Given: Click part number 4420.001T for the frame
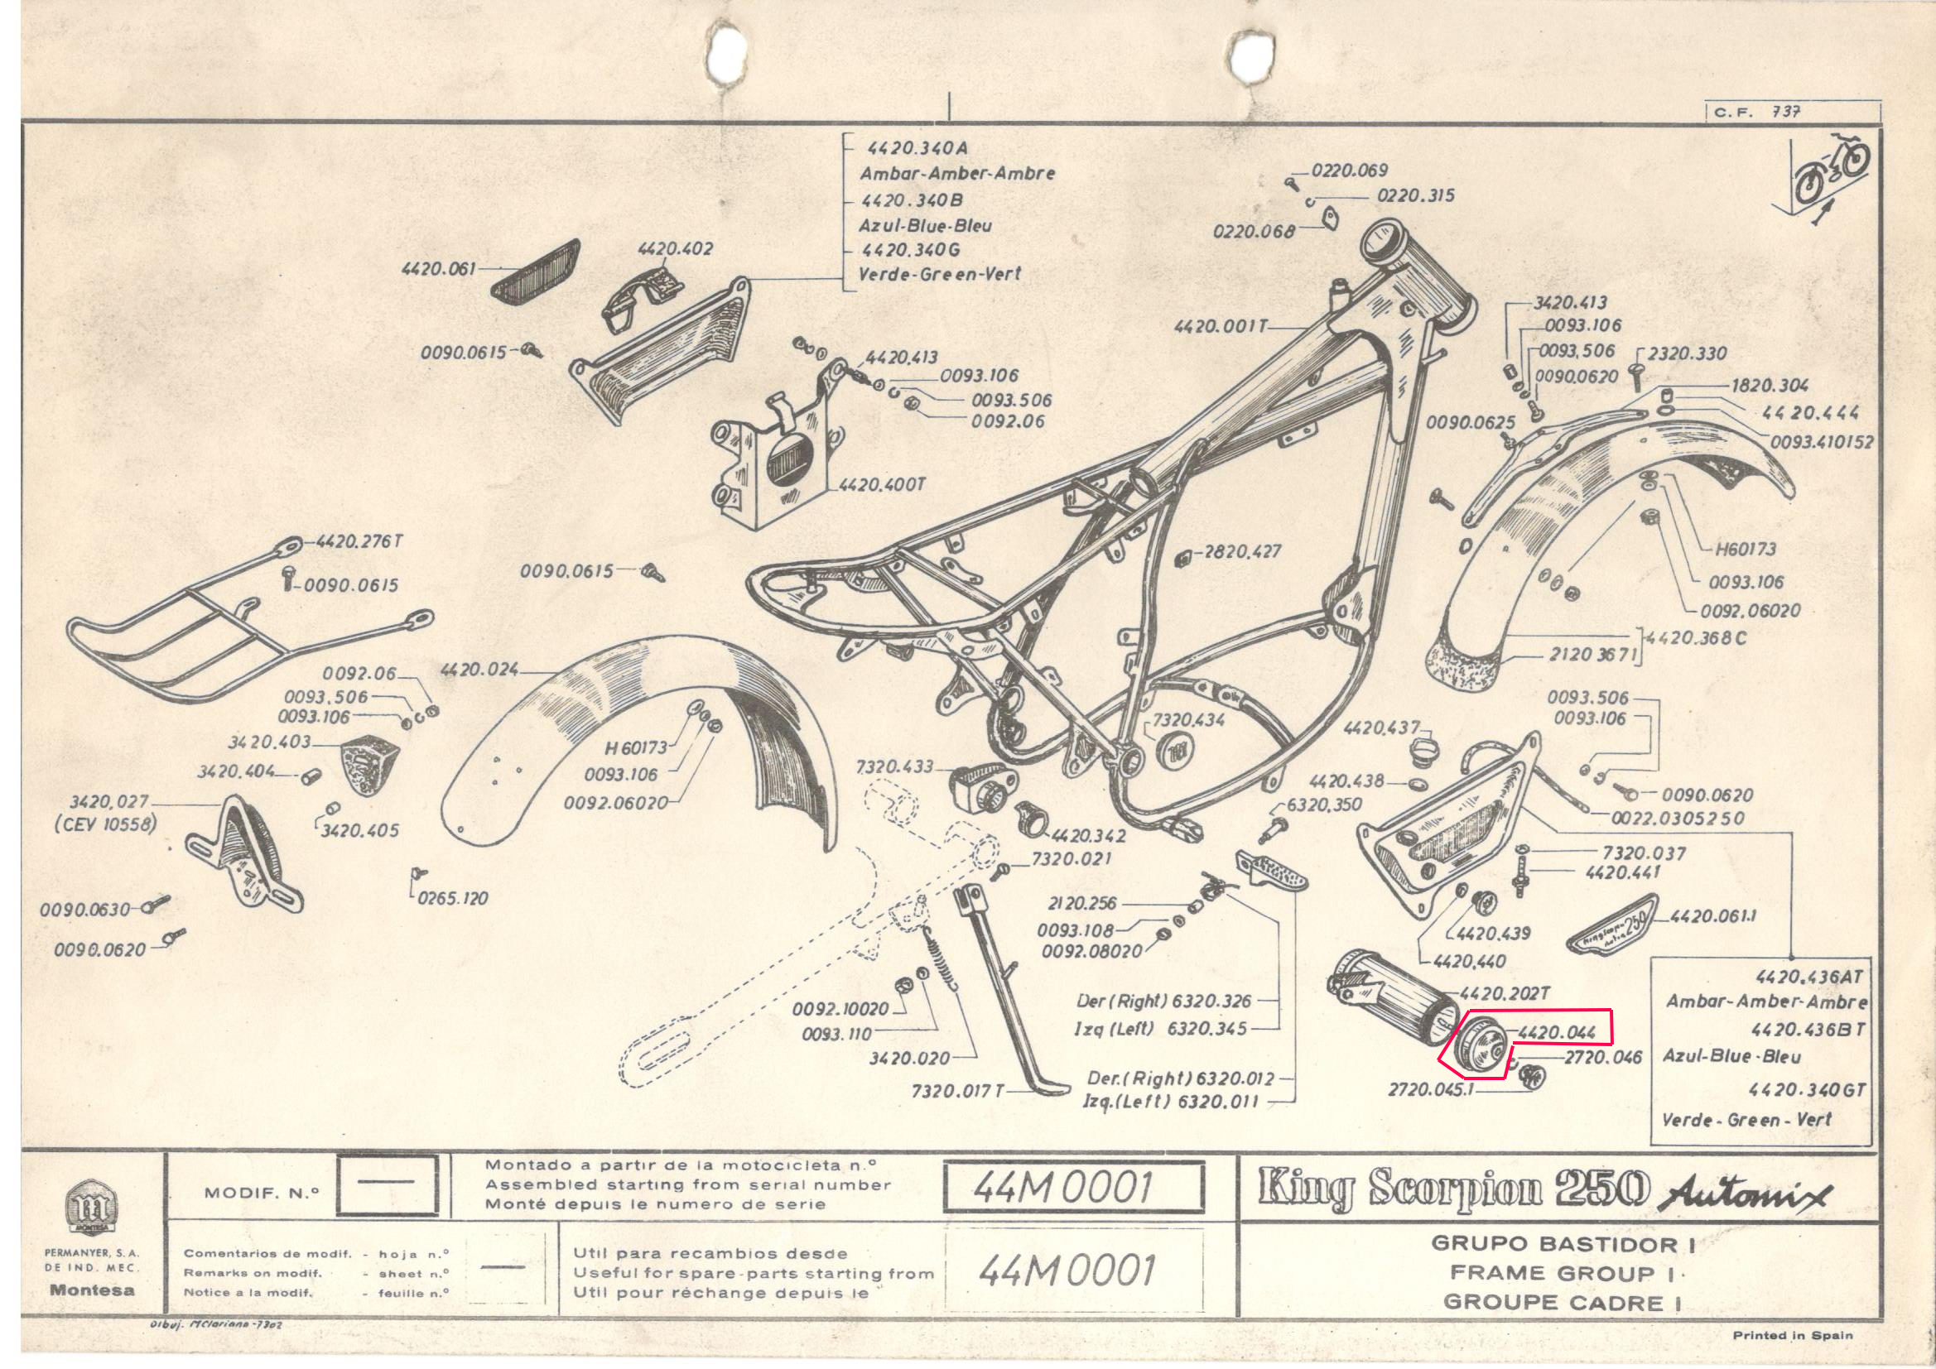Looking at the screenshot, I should click(x=1220, y=326).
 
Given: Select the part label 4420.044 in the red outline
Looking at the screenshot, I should click(x=1550, y=1032).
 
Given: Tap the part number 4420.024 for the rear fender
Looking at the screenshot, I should click(x=478, y=670).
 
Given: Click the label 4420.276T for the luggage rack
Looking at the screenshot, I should click(x=354, y=541).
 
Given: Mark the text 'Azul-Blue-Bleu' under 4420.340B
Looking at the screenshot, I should click(x=925, y=225).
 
